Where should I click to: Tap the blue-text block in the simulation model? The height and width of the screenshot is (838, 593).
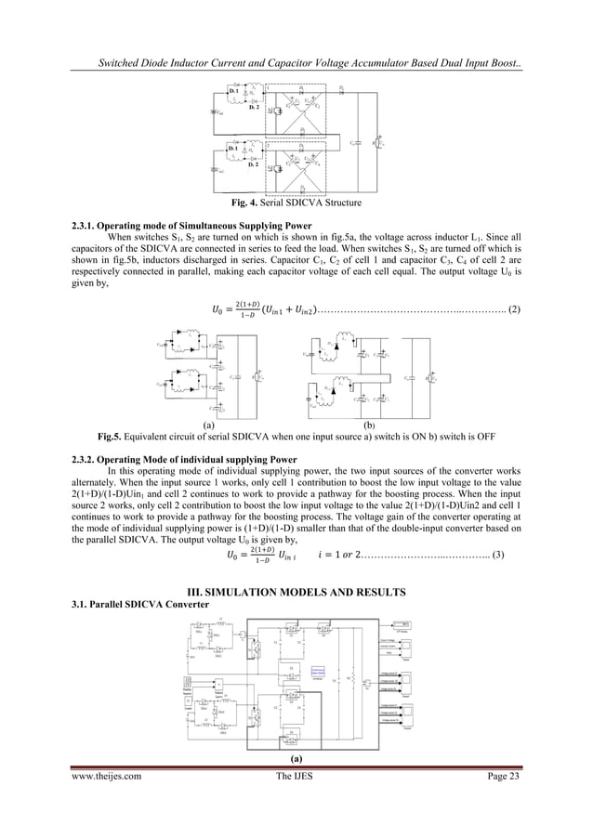click(x=319, y=696)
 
